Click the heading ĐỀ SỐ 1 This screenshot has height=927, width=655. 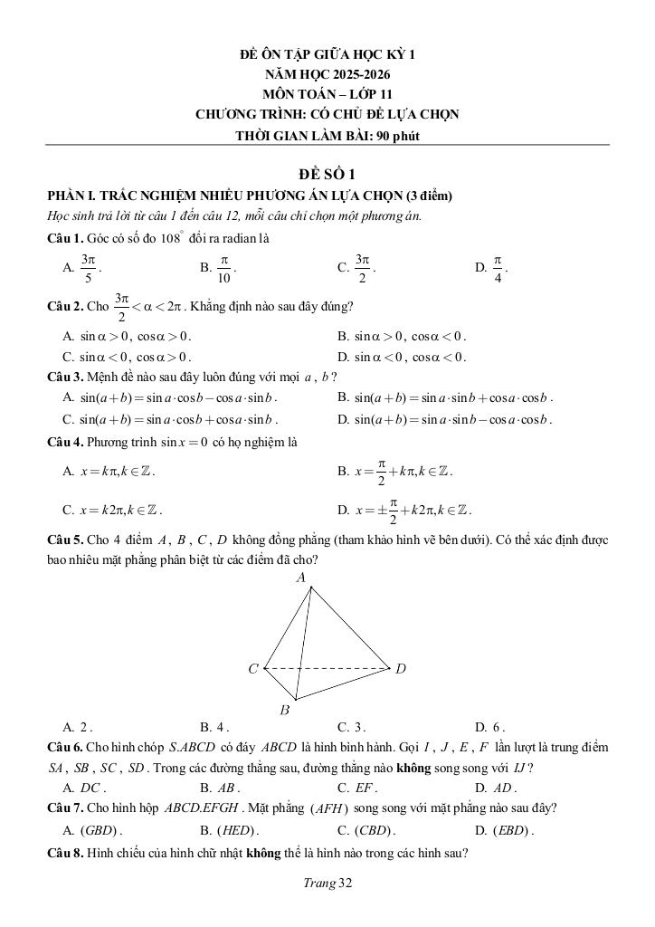coord(327,175)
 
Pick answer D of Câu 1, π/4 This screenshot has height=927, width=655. coord(496,267)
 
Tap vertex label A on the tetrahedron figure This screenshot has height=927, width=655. coord(301,577)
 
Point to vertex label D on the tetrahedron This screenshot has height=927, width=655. coord(401,669)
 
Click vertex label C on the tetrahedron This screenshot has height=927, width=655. coord(253,669)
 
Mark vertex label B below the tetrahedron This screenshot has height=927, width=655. coord(284,711)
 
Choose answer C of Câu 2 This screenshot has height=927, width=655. coord(127,357)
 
